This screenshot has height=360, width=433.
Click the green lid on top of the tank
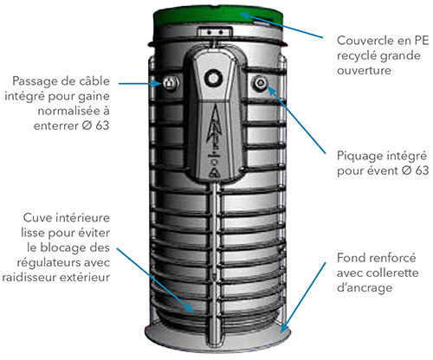(x=218, y=17)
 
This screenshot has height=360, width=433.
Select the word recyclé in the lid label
(x=355, y=55)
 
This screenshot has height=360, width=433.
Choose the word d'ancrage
(x=365, y=288)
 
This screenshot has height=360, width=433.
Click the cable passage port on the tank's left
(x=170, y=83)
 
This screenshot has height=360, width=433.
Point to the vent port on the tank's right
(x=260, y=83)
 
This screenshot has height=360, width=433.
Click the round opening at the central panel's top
(x=213, y=78)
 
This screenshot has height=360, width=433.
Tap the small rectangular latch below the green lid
(x=215, y=31)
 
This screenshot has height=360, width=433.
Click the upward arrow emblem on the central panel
(x=214, y=128)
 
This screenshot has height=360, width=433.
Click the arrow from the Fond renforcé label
(x=303, y=298)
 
